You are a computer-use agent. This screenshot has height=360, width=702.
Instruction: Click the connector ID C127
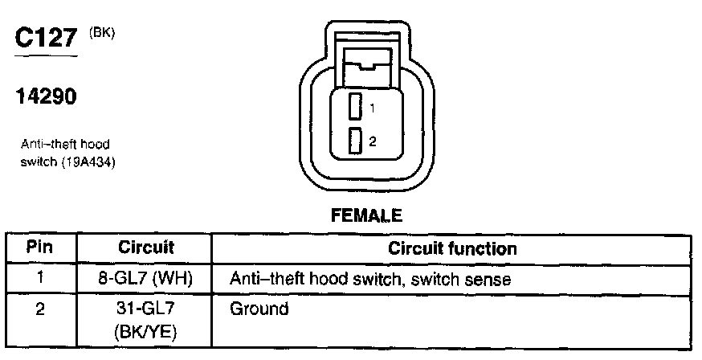coord(47,39)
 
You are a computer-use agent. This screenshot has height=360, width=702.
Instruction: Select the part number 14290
coord(46,97)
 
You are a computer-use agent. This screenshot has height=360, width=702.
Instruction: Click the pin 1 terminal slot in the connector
coord(354,107)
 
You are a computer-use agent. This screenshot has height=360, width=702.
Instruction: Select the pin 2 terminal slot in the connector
coord(354,141)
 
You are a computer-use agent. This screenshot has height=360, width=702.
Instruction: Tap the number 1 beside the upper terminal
coord(372,107)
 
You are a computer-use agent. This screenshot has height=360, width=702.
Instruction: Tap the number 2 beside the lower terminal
coord(372,141)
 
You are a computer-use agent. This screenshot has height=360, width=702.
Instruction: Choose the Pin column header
coord(40,247)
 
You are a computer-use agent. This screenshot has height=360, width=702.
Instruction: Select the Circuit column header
coord(146,247)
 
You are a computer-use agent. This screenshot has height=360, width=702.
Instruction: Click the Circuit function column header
coord(452,247)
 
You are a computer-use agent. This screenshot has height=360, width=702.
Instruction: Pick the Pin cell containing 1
coord(40,280)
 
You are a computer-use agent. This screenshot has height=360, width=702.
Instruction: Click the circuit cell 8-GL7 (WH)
coord(146,280)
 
